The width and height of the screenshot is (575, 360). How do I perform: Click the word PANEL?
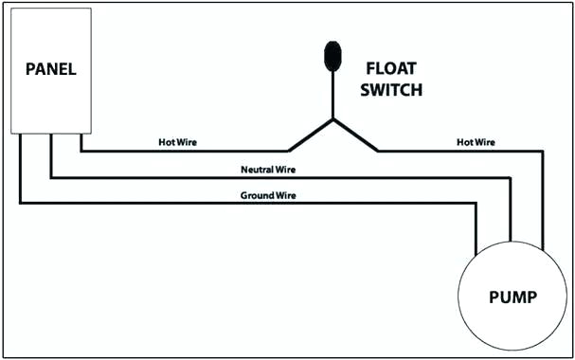(50, 69)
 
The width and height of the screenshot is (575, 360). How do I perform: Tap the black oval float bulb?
(332, 56)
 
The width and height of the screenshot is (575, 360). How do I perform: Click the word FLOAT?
(392, 69)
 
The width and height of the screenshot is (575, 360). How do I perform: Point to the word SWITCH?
(394, 91)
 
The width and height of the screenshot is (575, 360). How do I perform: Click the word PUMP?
(512, 297)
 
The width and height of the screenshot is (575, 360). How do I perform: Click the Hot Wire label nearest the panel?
(178, 143)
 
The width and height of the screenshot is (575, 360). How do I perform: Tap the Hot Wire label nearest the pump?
(476, 143)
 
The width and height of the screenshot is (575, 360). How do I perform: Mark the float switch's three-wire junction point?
(332, 119)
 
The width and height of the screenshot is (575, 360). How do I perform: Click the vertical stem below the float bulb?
(332, 95)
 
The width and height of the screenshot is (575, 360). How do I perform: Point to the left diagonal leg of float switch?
(311, 135)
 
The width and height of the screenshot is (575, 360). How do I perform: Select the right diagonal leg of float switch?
(355, 135)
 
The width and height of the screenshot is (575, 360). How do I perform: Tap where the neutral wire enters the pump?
(512, 242)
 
